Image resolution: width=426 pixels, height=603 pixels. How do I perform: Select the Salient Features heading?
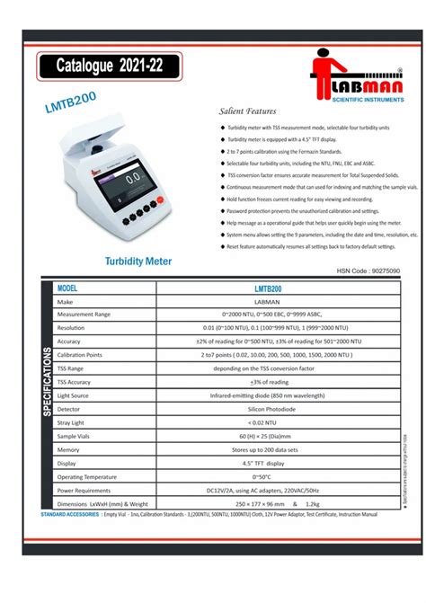[247, 112]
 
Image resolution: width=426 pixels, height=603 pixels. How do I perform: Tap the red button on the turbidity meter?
[159, 200]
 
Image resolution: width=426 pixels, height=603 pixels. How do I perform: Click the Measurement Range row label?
[84, 315]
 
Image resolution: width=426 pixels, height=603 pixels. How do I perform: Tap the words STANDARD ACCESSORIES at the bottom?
[71, 515]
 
